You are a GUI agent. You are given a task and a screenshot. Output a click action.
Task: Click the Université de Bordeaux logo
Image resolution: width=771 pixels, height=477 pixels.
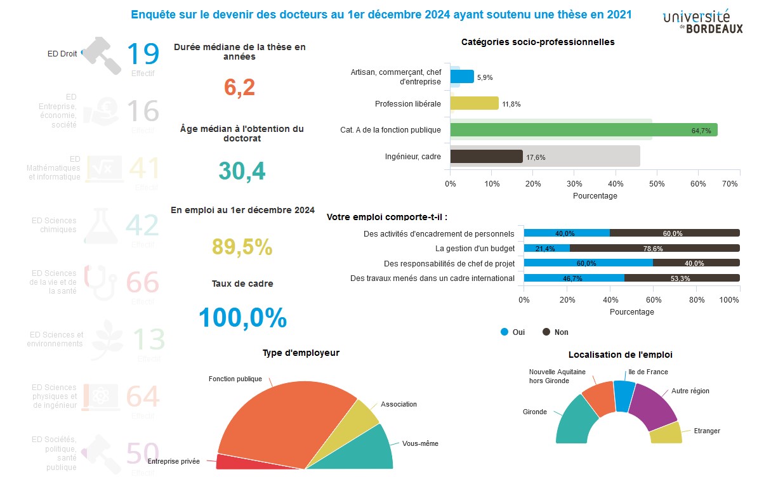point(702,22)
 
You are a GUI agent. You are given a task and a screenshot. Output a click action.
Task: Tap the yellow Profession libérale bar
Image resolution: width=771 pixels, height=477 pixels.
point(474,103)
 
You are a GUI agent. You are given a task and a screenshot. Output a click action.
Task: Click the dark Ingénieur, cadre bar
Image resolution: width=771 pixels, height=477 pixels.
point(486,157)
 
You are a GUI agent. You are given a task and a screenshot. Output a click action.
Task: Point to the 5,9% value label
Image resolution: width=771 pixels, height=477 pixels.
point(485,77)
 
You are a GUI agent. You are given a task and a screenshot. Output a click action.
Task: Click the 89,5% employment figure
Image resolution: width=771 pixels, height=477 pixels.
point(242,247)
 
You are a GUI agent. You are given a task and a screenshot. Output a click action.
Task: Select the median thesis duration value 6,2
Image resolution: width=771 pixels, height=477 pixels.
point(240,88)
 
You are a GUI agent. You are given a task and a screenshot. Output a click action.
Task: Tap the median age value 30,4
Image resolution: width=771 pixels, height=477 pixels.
point(242,171)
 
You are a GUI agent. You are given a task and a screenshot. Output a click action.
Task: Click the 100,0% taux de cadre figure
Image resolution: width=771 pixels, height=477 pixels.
point(242,318)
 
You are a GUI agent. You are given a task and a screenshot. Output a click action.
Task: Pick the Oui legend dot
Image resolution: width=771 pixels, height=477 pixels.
point(504,332)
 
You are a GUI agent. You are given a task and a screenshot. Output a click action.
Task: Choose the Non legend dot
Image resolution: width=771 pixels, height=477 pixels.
point(546,332)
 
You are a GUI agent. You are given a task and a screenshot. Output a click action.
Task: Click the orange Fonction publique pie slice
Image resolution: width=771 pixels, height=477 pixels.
point(286,419)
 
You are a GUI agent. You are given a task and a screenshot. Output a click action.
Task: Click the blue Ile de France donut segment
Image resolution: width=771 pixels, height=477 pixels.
point(624,395)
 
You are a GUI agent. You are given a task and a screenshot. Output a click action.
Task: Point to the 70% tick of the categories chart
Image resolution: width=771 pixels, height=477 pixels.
point(730,184)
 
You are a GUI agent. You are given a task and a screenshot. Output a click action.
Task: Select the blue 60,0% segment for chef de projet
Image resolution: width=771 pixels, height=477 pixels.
point(588,263)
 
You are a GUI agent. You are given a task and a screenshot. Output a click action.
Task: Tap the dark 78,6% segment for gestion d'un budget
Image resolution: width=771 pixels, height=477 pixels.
point(654,248)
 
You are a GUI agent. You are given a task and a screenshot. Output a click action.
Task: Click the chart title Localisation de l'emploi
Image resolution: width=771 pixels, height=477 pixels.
point(620,355)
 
